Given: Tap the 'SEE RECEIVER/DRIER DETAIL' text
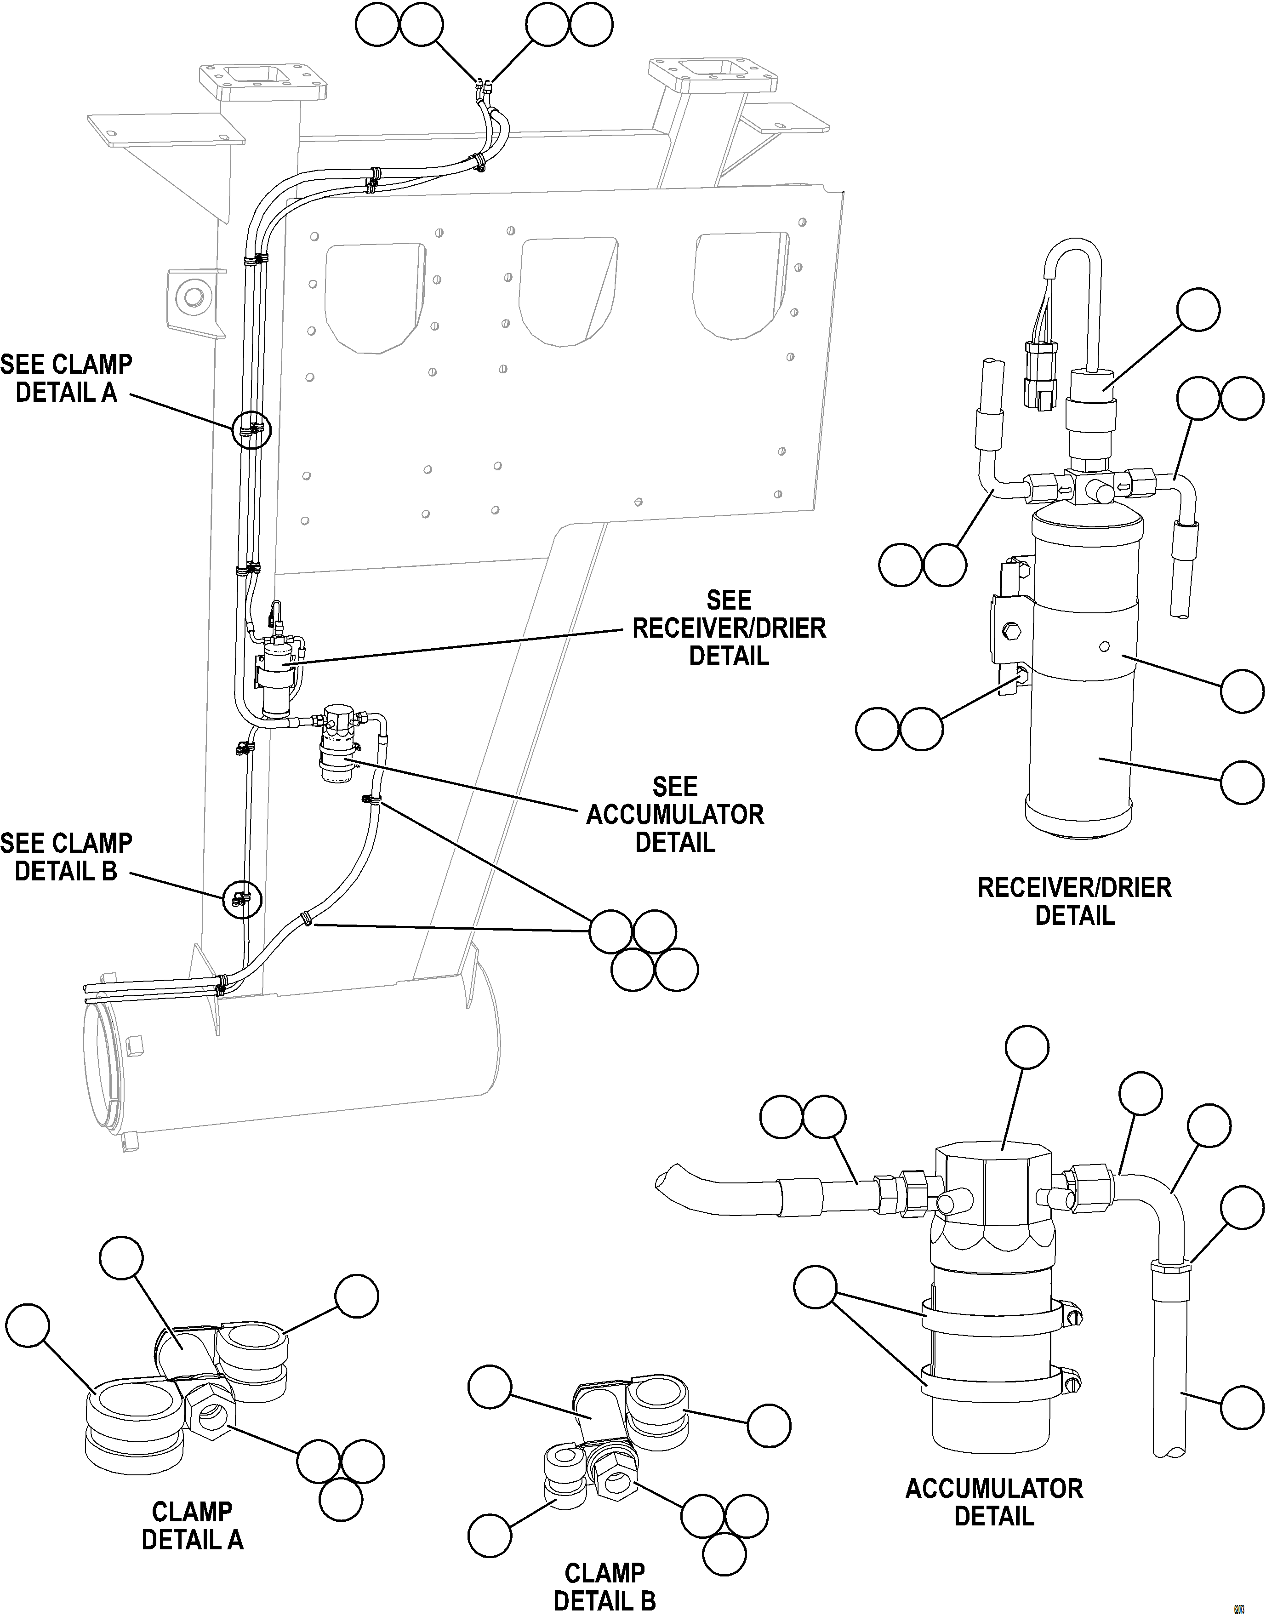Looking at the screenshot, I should [x=729, y=628].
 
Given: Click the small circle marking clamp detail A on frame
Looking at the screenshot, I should [x=251, y=430].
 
